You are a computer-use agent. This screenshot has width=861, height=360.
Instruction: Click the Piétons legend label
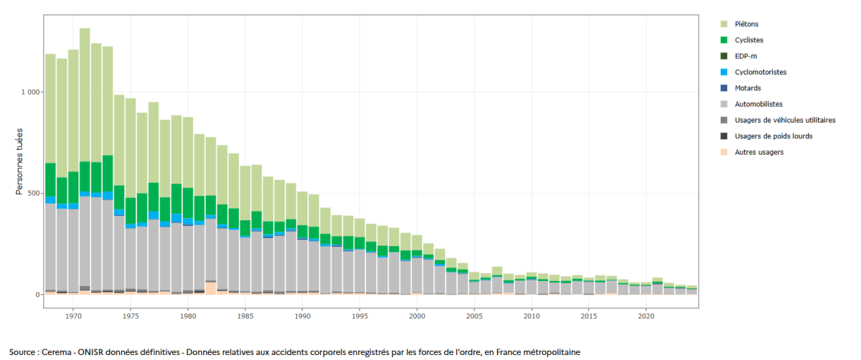pyautogui.click(x=747, y=24)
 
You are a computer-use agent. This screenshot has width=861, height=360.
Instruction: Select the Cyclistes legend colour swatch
pyautogui.click(x=724, y=40)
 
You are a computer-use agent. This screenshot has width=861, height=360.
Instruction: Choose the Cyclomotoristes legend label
pyautogui.click(x=761, y=72)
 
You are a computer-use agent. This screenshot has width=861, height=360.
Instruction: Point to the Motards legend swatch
pyautogui.click(x=724, y=88)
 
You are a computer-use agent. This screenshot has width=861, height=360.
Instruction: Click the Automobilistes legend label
pyautogui.click(x=759, y=104)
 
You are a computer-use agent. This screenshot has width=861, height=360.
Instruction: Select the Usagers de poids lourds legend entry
pyautogui.click(x=773, y=136)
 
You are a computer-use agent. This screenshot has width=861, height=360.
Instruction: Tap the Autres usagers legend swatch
pyautogui.click(x=724, y=152)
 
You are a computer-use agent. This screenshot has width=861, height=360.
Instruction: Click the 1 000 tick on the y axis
pyautogui.click(x=31, y=93)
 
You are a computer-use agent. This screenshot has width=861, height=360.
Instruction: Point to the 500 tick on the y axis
pyautogui.click(x=34, y=194)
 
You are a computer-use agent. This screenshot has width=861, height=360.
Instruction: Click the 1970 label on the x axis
pyautogui.click(x=73, y=316)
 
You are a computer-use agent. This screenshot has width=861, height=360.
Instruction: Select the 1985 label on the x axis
pyautogui.click(x=245, y=316)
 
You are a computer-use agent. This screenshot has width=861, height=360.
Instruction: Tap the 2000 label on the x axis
pyautogui.click(x=417, y=316)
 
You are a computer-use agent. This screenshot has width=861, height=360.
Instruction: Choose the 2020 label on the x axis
pyautogui.click(x=646, y=316)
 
